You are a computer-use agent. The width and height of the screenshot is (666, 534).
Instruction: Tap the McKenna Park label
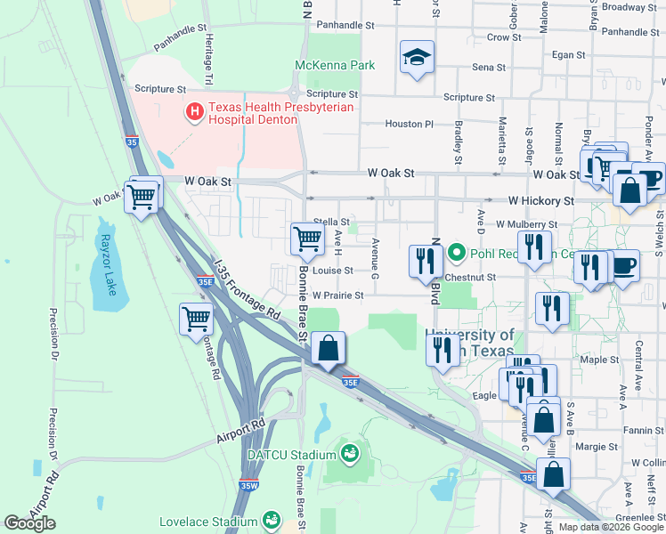click(x=335, y=65)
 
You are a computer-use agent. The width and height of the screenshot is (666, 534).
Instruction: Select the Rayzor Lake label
click(x=106, y=258)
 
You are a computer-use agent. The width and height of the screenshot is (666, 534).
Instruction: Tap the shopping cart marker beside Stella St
click(x=307, y=238)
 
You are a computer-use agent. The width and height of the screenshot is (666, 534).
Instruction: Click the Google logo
click(x=29, y=523)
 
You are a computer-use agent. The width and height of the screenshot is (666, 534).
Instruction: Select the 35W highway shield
click(x=249, y=485)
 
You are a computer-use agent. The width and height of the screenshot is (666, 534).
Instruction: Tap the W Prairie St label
click(x=337, y=295)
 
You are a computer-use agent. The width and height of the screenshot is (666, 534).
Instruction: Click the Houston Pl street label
click(x=409, y=125)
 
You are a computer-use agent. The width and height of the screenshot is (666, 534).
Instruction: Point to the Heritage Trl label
click(x=208, y=53)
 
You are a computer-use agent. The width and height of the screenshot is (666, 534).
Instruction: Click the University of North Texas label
click(x=469, y=342)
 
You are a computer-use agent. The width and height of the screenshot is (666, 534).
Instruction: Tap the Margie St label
click(x=589, y=447)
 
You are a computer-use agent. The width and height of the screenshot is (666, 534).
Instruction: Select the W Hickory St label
click(x=539, y=201)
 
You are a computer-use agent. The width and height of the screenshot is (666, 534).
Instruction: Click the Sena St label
click(x=489, y=67)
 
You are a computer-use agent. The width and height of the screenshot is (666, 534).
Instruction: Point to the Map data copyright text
click(x=611, y=527)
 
